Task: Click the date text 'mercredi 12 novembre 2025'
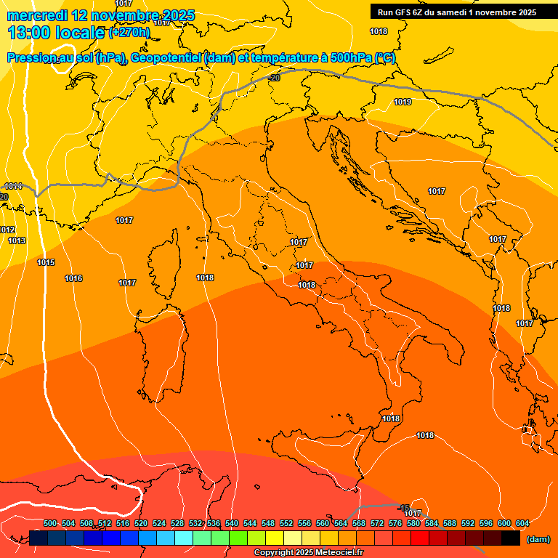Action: click(x=101, y=15)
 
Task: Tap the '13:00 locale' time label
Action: click(x=56, y=32)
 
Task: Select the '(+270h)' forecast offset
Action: click(x=129, y=33)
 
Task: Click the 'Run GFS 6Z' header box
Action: click(x=456, y=12)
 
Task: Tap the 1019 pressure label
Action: click(x=403, y=102)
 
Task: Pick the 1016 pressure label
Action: click(x=73, y=278)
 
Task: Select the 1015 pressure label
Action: click(x=46, y=262)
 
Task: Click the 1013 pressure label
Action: click(x=17, y=240)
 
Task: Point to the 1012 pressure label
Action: click(x=7, y=230)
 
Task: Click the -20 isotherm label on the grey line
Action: click(x=274, y=78)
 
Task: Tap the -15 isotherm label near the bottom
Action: click(x=404, y=506)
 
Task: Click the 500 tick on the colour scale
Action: click(x=50, y=523)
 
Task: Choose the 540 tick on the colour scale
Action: click(x=232, y=523)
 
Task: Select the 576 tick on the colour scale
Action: click(x=395, y=523)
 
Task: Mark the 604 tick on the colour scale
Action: click(x=522, y=523)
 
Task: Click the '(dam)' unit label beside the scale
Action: click(x=538, y=538)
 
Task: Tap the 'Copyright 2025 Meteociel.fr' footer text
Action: click(x=308, y=552)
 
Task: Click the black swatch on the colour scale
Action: click(x=511, y=538)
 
